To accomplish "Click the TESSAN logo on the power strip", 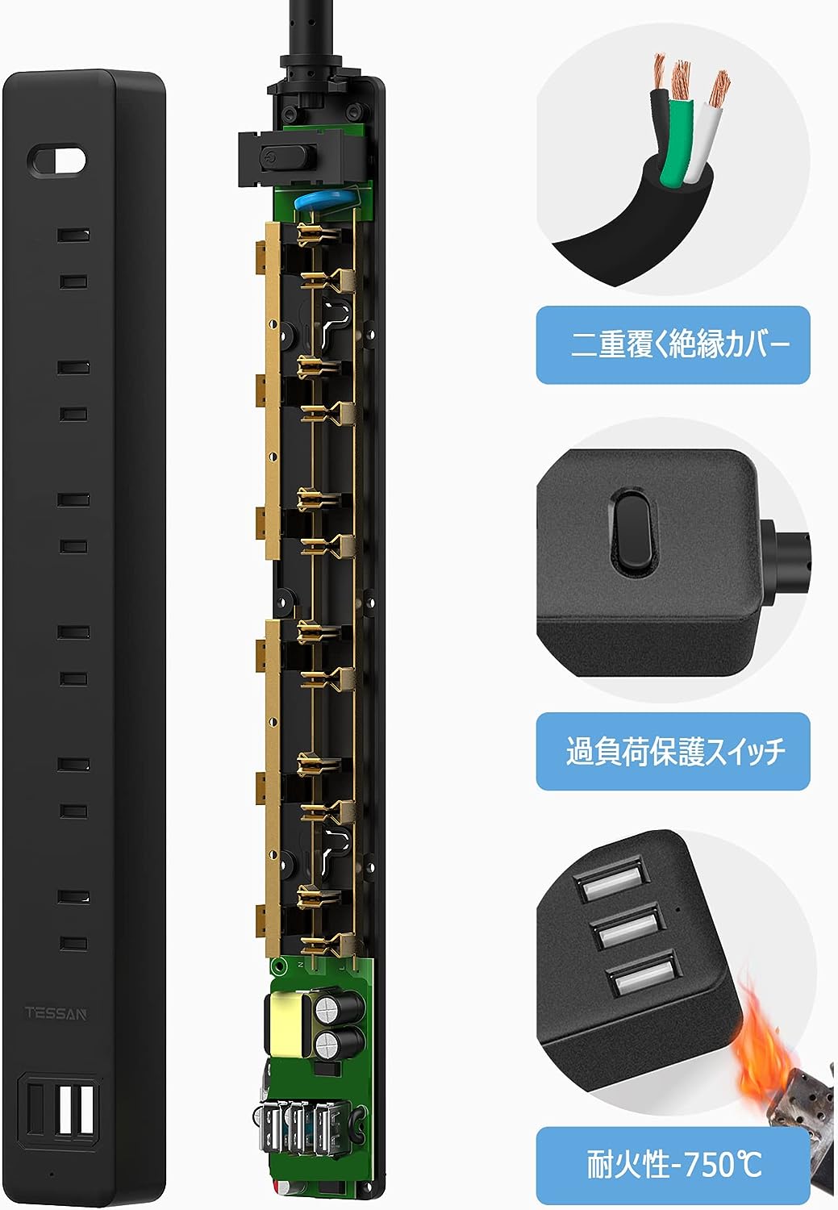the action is click(56, 1013).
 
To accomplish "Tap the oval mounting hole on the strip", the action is click(56, 160).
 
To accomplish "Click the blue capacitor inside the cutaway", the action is click(318, 199).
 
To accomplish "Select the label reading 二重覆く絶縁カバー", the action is click(673, 344).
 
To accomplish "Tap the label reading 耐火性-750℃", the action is click(673, 1163).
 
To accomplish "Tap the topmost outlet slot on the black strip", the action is click(73, 235).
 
